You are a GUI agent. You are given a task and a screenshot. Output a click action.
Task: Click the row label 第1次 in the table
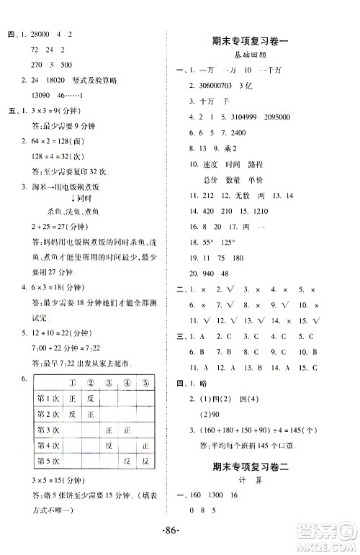(48, 398)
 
